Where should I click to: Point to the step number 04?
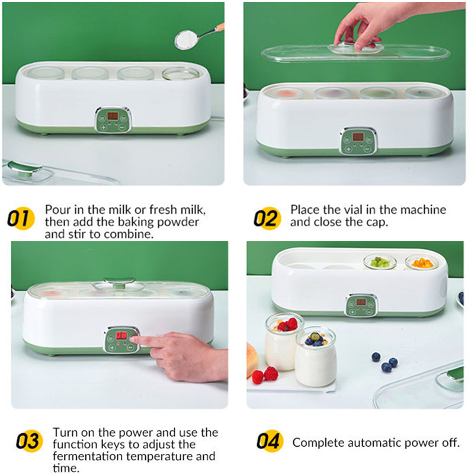268,442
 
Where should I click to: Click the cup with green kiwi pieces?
379,264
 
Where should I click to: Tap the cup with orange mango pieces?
421,264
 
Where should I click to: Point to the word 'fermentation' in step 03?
86,456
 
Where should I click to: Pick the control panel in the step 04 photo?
361,305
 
